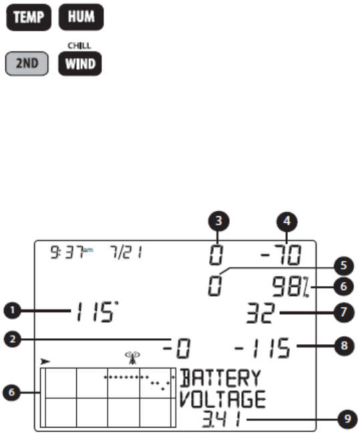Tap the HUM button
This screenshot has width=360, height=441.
click(x=81, y=17)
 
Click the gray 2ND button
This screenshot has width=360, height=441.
click(x=27, y=63)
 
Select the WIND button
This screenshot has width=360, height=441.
click(x=80, y=63)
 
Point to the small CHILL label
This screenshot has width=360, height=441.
click(x=79, y=45)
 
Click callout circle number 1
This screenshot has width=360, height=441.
click(x=13, y=310)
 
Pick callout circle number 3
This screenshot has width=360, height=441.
click(x=218, y=222)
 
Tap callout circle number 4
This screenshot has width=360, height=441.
click(x=287, y=222)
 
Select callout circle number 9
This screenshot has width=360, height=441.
click(x=347, y=419)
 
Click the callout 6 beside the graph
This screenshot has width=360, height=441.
click(x=11, y=392)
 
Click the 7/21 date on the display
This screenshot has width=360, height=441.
click(x=126, y=252)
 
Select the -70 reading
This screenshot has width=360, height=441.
click(x=281, y=255)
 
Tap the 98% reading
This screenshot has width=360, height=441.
click(x=291, y=287)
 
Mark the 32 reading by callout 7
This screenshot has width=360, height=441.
click(x=260, y=313)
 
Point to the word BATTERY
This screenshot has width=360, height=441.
click(x=220, y=378)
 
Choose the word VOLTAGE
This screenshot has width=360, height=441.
click(x=222, y=399)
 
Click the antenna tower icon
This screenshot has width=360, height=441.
click(x=132, y=358)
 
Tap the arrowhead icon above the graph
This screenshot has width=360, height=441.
click(x=45, y=361)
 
